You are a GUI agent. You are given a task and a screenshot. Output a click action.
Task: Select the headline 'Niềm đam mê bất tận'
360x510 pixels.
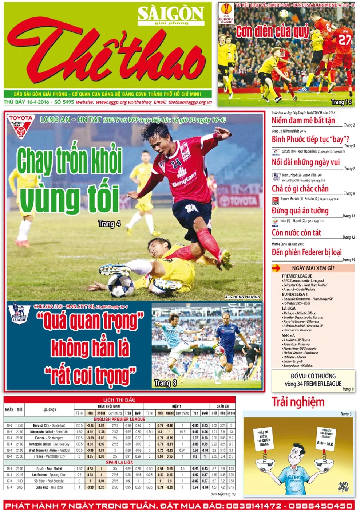[303, 121]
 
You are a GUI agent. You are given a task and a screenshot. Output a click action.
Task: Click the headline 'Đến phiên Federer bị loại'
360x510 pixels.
[306, 252]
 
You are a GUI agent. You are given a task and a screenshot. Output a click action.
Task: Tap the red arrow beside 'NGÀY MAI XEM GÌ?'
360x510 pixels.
[276, 268]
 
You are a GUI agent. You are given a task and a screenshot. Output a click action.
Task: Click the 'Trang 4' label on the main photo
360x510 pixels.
[109, 224]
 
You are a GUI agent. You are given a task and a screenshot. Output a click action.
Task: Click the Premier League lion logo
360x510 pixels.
[19, 313]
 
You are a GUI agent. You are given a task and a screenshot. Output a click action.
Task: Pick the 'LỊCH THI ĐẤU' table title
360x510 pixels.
[119, 400]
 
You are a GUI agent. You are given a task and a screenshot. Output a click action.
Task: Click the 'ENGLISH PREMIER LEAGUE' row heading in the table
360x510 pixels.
[119, 419]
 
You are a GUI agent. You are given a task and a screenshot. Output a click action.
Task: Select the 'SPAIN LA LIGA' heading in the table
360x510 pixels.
[119, 462]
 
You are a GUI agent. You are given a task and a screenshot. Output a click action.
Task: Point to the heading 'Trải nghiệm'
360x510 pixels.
[298, 402]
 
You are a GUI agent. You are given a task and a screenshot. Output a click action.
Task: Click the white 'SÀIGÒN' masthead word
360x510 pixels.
[170, 14]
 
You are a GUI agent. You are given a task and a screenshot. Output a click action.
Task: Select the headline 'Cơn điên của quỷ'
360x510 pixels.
[272, 32]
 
